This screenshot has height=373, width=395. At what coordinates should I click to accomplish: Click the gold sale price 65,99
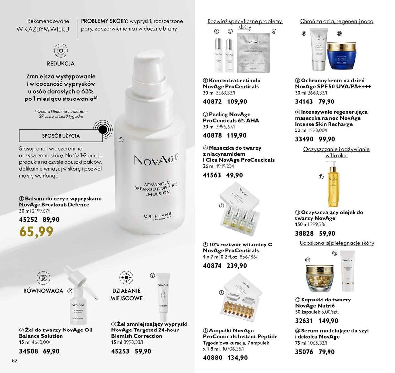(x=36, y=232)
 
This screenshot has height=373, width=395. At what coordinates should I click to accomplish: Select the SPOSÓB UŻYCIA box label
(x=61, y=136)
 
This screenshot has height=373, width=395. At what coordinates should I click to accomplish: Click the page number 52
(x=14, y=360)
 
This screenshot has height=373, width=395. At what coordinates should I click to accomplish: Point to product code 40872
(x=212, y=102)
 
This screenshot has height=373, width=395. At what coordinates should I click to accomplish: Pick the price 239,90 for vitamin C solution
(x=237, y=266)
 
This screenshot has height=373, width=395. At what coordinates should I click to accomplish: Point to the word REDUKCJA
(x=61, y=64)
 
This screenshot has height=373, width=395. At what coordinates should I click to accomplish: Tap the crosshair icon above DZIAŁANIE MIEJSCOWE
(x=126, y=277)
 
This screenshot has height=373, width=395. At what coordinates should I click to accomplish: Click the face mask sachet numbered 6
(x=253, y=53)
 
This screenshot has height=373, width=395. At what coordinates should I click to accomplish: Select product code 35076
(x=304, y=352)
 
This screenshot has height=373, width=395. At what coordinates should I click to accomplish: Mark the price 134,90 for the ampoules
(x=237, y=358)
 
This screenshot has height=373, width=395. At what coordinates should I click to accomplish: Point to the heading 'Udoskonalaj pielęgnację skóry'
(x=337, y=243)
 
